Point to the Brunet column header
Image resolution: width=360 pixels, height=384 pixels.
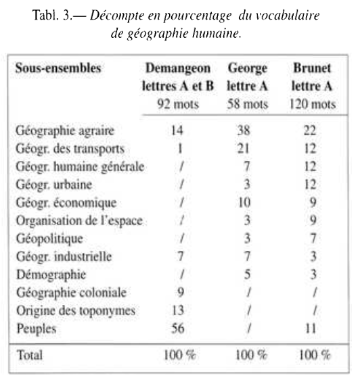(x=311, y=69)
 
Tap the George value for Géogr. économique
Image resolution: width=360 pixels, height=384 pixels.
(x=245, y=201)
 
